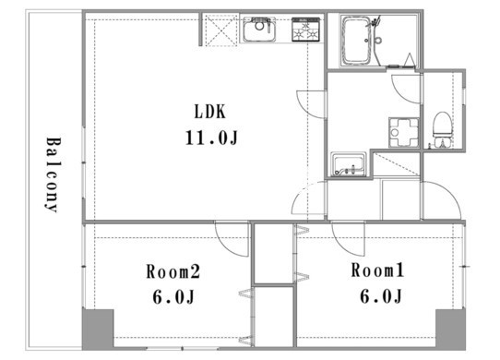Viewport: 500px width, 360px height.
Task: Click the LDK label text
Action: (x=210, y=112)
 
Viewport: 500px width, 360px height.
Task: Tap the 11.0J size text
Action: (x=212, y=138)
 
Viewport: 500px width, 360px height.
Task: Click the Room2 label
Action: (x=173, y=272)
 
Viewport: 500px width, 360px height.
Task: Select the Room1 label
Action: (x=377, y=270)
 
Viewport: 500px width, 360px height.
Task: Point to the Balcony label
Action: (x=53, y=174)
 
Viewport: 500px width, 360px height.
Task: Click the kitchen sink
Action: (x=259, y=30)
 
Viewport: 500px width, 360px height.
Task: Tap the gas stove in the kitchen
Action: (x=305, y=30)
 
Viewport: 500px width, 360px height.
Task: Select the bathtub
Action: (x=356, y=41)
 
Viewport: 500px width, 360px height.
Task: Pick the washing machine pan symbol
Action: (x=404, y=132)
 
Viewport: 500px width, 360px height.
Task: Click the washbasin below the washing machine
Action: (x=348, y=164)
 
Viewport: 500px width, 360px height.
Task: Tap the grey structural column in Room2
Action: (x=98, y=330)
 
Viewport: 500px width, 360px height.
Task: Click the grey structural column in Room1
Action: (x=450, y=330)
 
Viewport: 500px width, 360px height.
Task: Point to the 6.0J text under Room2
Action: (x=173, y=297)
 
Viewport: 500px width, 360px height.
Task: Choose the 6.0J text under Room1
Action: (x=381, y=296)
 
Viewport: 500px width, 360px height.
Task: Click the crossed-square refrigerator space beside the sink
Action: (x=221, y=30)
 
